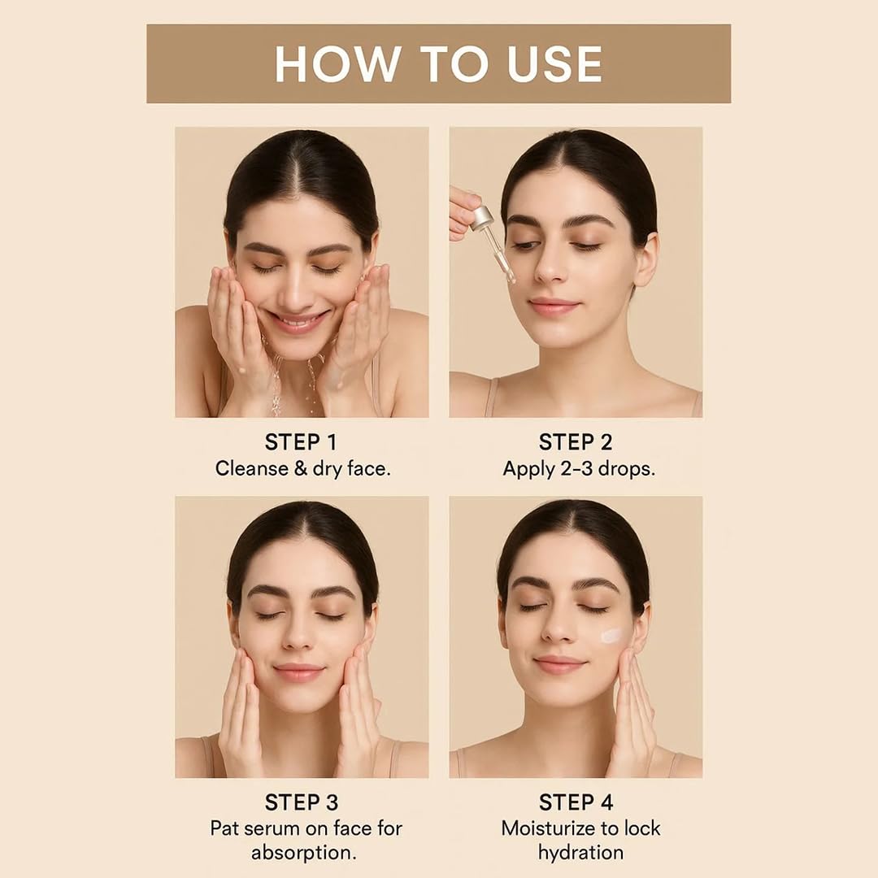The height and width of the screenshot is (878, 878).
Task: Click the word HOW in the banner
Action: (x=338, y=64)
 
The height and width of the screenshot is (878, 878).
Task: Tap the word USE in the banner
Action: (x=554, y=64)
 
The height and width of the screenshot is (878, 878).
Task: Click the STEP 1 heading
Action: (x=302, y=442)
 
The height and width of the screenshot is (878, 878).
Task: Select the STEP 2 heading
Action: (x=576, y=442)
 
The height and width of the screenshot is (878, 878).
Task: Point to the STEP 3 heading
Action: (x=302, y=802)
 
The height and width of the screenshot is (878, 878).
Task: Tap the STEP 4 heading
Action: (x=576, y=802)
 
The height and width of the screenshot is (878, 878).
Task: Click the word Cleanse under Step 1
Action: (x=251, y=468)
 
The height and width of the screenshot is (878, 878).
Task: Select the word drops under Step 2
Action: (x=627, y=469)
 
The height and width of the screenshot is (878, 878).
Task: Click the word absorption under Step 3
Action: (x=303, y=853)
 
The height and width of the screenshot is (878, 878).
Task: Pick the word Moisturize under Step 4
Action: (x=547, y=828)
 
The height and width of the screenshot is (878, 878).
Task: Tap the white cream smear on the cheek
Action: (x=611, y=636)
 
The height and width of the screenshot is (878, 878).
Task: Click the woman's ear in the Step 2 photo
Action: (x=647, y=260)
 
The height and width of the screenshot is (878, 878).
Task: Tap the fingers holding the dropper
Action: (x=463, y=213)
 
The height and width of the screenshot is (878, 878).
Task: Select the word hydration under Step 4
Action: (x=580, y=853)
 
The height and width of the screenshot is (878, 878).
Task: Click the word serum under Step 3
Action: (x=272, y=828)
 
